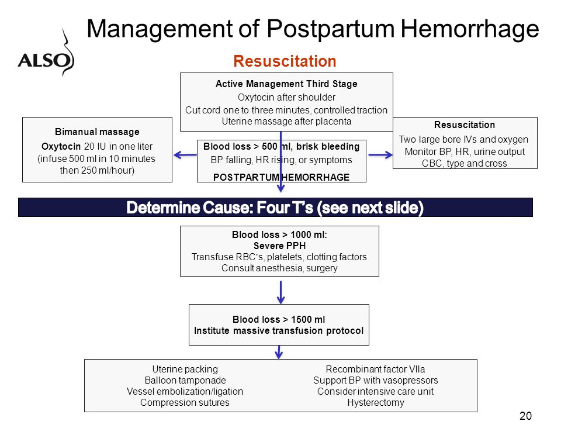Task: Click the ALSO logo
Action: tap(46, 54)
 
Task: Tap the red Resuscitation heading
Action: tap(285, 61)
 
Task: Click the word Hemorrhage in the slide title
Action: tap(469, 29)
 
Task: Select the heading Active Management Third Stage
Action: tap(286, 84)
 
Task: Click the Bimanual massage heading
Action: tap(97, 132)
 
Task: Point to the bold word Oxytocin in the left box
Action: tap(61, 146)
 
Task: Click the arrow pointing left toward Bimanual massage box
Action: tap(185, 155)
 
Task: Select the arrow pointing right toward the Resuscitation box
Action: tap(380, 155)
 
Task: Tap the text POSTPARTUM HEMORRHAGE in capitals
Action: tap(281, 177)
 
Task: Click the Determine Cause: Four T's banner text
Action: tap(275, 208)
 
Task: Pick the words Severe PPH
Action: tap(279, 246)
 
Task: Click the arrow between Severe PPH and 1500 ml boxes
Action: tap(280, 292)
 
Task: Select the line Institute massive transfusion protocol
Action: tap(279, 330)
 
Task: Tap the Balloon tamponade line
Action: tap(185, 380)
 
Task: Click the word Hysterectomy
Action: tap(376, 403)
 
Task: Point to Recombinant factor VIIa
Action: tap(375, 369)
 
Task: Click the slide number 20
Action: tap(525, 416)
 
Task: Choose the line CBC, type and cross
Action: tap(465, 163)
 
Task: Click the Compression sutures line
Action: tap(185, 403)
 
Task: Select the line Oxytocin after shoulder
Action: tap(286, 98)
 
